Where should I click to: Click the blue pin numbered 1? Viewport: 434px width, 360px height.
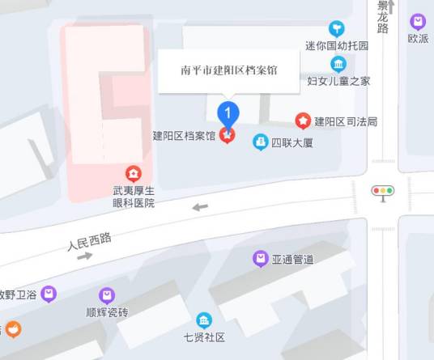(229, 112)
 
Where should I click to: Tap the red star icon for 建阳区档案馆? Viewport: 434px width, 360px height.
(228, 136)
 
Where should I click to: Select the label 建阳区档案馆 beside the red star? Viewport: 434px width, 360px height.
(184, 136)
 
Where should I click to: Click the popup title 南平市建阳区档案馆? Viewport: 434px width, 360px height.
(229, 70)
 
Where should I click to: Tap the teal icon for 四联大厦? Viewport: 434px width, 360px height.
(261, 142)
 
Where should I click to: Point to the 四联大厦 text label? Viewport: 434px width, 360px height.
(291, 143)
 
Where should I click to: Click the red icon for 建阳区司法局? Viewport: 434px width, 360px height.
(303, 121)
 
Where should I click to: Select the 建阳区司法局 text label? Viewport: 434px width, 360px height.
(346, 122)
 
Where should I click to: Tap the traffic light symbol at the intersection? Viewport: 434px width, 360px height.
(382, 192)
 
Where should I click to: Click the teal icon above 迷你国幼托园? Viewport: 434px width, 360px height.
(337, 29)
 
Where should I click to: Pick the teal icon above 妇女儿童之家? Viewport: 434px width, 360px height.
(338, 64)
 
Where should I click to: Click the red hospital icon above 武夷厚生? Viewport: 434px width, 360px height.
(134, 173)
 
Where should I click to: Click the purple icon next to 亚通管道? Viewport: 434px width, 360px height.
(261, 259)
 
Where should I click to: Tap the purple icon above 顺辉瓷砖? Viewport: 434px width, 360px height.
(107, 295)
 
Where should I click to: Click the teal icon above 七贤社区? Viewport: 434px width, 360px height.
(204, 320)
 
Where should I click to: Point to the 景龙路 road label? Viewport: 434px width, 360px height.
(383, 17)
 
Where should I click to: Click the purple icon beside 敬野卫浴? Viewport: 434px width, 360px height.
(49, 294)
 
